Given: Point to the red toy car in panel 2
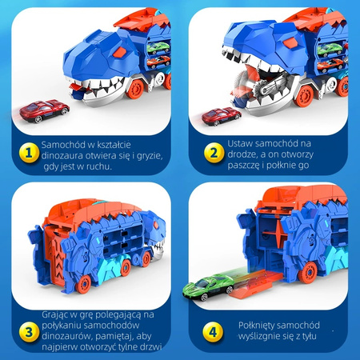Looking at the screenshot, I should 220,118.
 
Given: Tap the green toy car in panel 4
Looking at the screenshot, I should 209,285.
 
